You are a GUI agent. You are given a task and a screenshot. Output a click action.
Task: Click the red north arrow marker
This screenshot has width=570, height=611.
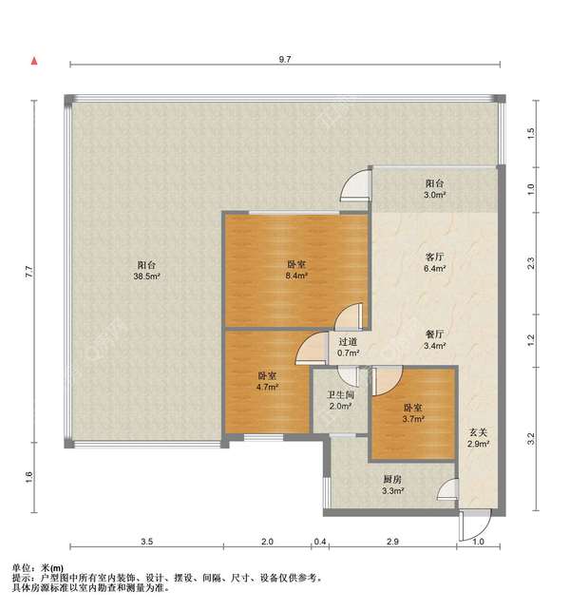[34, 61]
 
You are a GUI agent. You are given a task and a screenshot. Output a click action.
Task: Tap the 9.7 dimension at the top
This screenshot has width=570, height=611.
[285, 59]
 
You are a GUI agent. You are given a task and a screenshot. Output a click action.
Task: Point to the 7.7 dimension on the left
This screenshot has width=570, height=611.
[29, 271]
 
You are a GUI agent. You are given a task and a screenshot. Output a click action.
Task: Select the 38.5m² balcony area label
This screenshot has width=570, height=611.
[146, 271]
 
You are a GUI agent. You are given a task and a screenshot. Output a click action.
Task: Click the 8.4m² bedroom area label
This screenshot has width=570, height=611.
[296, 270]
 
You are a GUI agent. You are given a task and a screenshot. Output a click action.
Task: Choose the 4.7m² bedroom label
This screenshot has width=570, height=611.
[267, 381]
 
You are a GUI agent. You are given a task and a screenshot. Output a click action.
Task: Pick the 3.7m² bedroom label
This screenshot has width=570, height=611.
[413, 413]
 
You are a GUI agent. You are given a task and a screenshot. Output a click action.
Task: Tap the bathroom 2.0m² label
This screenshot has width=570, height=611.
[340, 401]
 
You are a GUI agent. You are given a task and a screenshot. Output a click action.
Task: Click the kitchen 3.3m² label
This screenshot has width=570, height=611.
[392, 486]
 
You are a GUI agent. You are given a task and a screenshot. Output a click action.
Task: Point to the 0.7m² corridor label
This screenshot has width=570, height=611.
[348, 347]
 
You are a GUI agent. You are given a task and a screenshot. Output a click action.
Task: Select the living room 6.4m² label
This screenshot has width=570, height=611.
[434, 262]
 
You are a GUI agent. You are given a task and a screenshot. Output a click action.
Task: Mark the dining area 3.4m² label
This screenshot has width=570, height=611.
[434, 340]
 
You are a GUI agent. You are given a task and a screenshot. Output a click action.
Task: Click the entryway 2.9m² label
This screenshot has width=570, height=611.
[478, 438]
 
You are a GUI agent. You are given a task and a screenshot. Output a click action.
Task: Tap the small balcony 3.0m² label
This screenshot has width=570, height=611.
[434, 189]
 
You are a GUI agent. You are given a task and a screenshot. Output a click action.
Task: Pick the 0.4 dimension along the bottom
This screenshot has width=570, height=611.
[320, 542]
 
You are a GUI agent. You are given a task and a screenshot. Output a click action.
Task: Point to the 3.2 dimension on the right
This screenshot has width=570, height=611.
[531, 439]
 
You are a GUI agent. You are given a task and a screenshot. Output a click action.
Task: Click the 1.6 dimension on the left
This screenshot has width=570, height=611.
[29, 477]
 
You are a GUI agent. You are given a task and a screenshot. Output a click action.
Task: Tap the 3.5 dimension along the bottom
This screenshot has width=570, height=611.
[147, 542]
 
